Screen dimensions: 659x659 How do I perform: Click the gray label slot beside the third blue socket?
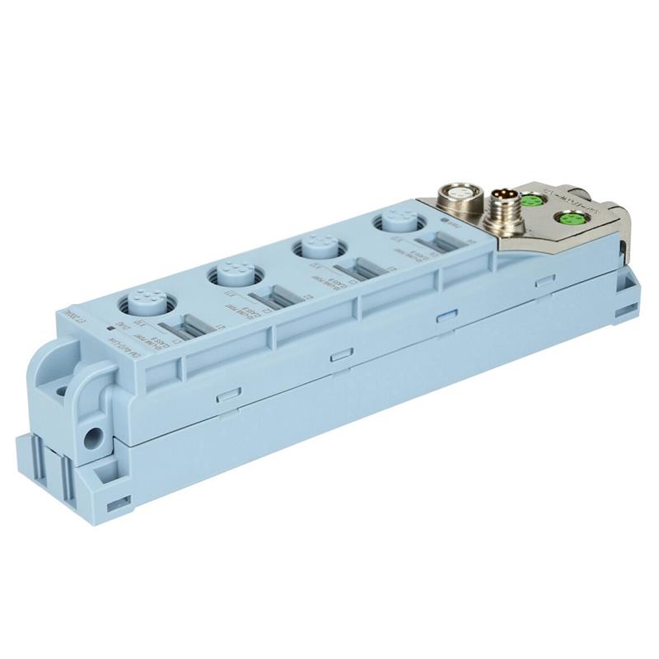coord(357,269)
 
